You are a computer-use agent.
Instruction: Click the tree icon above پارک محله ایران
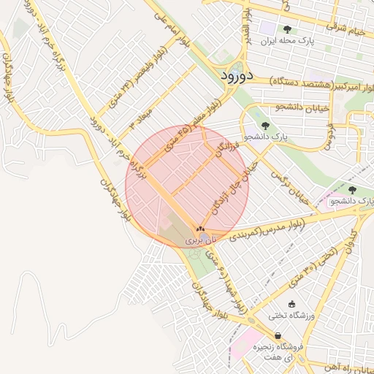pyautogui.click(x=287, y=30)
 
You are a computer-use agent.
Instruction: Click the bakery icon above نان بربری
pyautogui.click(x=200, y=229)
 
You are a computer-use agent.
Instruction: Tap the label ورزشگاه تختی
pyautogui.click(x=291, y=316)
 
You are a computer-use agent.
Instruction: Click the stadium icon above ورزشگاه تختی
pyautogui.click(x=292, y=304)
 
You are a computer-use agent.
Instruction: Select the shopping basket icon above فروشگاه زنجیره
pyautogui.click(x=278, y=336)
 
